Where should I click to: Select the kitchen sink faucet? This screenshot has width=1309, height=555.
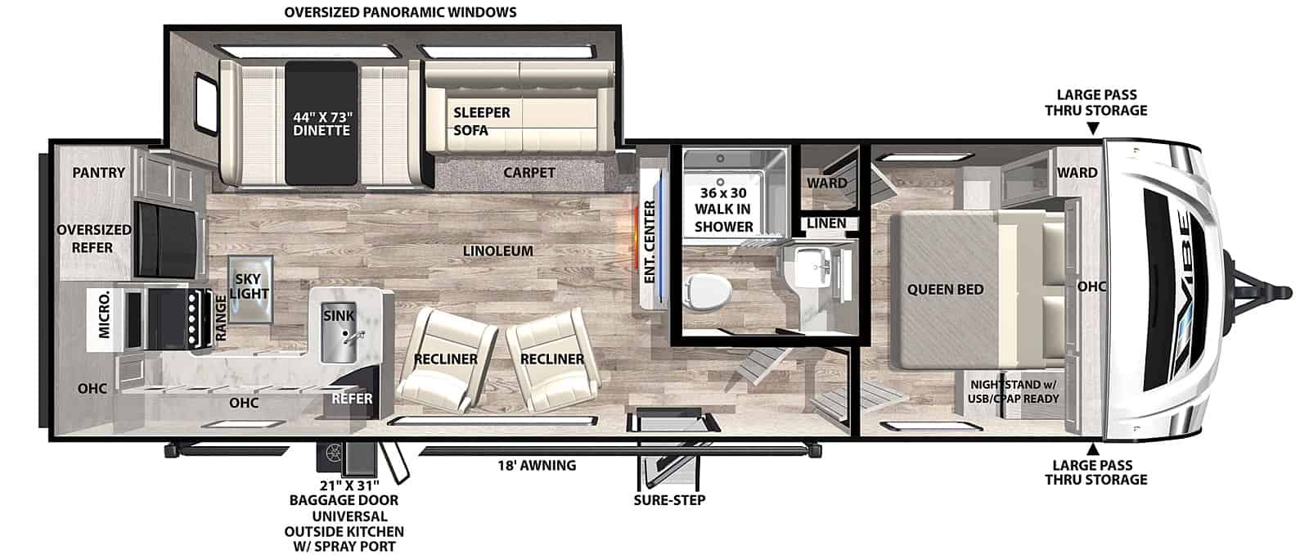click(x=353, y=337)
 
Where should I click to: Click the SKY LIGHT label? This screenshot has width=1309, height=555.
click(x=250, y=286)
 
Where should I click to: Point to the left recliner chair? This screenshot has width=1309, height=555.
click(x=447, y=359)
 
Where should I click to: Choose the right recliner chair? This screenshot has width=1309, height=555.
click(x=552, y=358)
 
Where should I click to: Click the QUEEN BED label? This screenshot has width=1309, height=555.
click(x=945, y=289)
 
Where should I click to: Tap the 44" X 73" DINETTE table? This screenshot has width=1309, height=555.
click(x=322, y=123)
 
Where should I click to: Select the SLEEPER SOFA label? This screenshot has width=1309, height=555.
click(x=482, y=121)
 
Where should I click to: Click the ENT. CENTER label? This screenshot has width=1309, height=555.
click(x=650, y=242)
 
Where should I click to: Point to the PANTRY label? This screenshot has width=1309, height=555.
click(x=99, y=173)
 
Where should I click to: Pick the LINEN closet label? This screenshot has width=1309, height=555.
click(x=826, y=223)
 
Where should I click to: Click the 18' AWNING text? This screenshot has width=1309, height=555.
click(x=537, y=465)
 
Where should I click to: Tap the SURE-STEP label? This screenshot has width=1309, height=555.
click(x=670, y=500)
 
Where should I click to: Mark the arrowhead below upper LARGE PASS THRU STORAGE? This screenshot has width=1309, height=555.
click(x=1093, y=129)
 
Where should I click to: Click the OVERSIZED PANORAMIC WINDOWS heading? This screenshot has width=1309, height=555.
click(x=400, y=12)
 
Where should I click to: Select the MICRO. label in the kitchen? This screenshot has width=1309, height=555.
click(x=104, y=316)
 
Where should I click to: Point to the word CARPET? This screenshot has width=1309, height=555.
click(x=529, y=173)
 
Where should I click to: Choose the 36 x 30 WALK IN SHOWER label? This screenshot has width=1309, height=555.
click(x=723, y=210)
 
